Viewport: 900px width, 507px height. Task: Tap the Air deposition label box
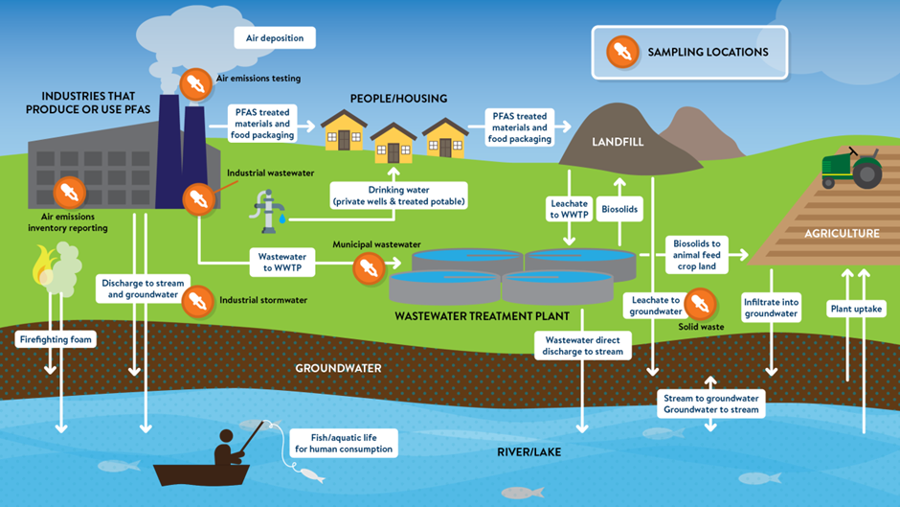tap(275, 38)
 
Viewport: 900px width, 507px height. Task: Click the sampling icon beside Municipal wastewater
tap(368, 267)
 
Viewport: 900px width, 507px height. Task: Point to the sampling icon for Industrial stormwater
tap(198, 300)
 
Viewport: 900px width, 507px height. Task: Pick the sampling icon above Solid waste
tap(700, 305)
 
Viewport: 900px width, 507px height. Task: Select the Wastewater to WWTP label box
tap(282, 263)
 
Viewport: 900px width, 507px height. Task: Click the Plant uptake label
tap(857, 309)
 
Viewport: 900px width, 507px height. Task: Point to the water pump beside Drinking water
tap(271, 210)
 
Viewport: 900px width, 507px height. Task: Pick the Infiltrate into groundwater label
tap(771, 308)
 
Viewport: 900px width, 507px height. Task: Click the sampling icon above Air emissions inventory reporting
tap(68, 193)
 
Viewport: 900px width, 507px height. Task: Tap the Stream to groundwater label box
tap(710, 403)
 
